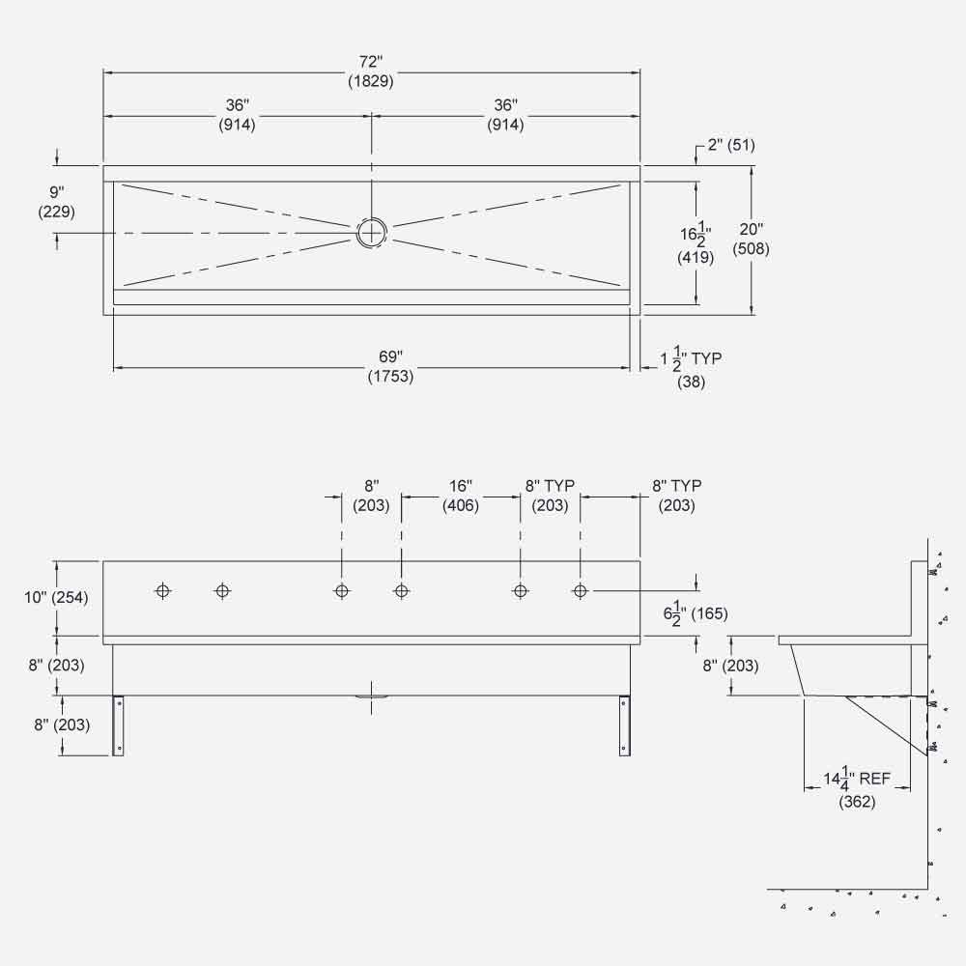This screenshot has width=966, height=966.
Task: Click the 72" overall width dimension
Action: coord(371,72)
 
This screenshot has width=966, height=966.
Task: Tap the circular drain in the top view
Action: coord(371,232)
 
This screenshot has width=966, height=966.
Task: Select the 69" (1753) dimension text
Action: coord(390,368)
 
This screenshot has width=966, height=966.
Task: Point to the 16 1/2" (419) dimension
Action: coord(695,246)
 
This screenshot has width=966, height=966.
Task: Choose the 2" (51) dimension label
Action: coord(730,146)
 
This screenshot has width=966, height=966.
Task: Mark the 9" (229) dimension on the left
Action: coord(55,202)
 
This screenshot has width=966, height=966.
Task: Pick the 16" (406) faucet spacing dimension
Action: coord(461,496)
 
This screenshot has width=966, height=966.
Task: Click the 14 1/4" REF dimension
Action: coord(857,783)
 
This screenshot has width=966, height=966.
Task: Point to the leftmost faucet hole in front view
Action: coord(162,590)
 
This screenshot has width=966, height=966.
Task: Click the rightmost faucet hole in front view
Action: coord(580,590)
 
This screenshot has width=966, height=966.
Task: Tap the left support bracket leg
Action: coord(118,725)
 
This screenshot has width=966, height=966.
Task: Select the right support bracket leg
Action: coord(623,725)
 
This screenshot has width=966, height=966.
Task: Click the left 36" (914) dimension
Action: coord(236,114)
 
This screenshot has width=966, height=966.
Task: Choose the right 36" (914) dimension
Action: coord(505,114)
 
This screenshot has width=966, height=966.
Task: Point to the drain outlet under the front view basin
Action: coord(371,696)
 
